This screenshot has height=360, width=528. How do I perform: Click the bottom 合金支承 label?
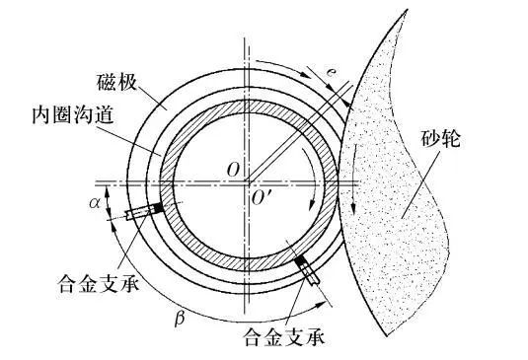283,337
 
